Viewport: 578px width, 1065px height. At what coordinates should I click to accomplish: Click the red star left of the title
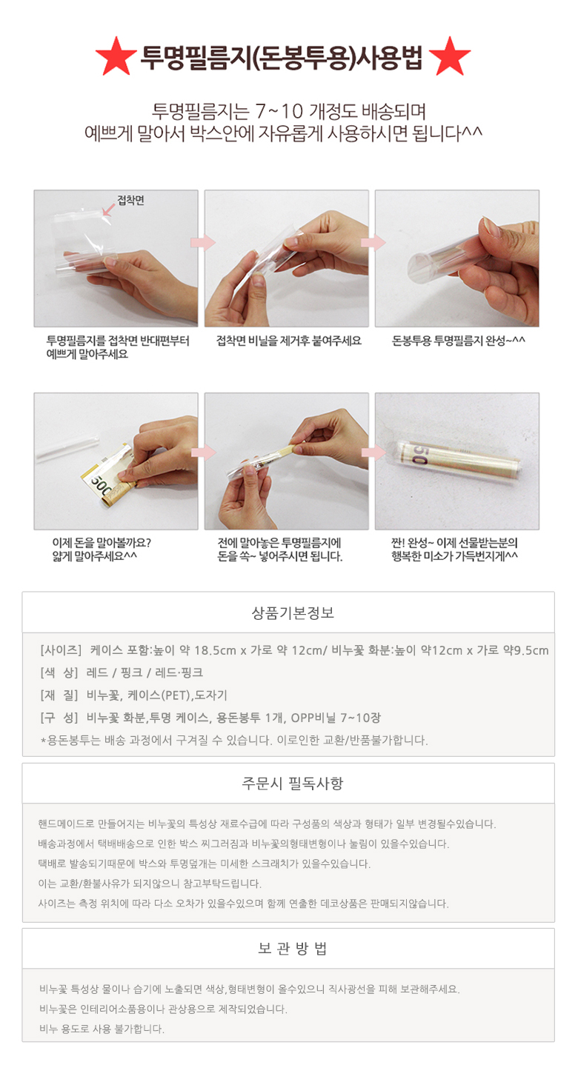click(116, 56)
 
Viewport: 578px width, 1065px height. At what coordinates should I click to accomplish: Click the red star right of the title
click(450, 56)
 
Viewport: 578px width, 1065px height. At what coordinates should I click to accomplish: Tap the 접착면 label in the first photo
click(131, 201)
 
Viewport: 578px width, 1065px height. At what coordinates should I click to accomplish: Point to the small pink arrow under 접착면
click(108, 210)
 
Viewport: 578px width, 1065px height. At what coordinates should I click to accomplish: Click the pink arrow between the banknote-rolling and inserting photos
click(203, 452)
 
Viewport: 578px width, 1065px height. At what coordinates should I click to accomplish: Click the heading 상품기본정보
click(293, 612)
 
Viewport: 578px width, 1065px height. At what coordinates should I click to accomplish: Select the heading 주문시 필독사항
click(293, 784)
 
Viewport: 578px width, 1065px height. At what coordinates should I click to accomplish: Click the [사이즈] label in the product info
click(61, 650)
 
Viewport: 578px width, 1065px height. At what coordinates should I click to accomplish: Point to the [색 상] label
click(59, 672)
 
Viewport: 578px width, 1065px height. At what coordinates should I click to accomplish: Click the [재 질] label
click(59, 695)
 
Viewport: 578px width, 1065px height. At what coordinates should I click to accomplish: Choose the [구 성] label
click(59, 718)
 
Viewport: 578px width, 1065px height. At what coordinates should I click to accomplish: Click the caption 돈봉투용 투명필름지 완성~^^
click(458, 341)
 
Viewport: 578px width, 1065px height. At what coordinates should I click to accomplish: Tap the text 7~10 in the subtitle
click(279, 111)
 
